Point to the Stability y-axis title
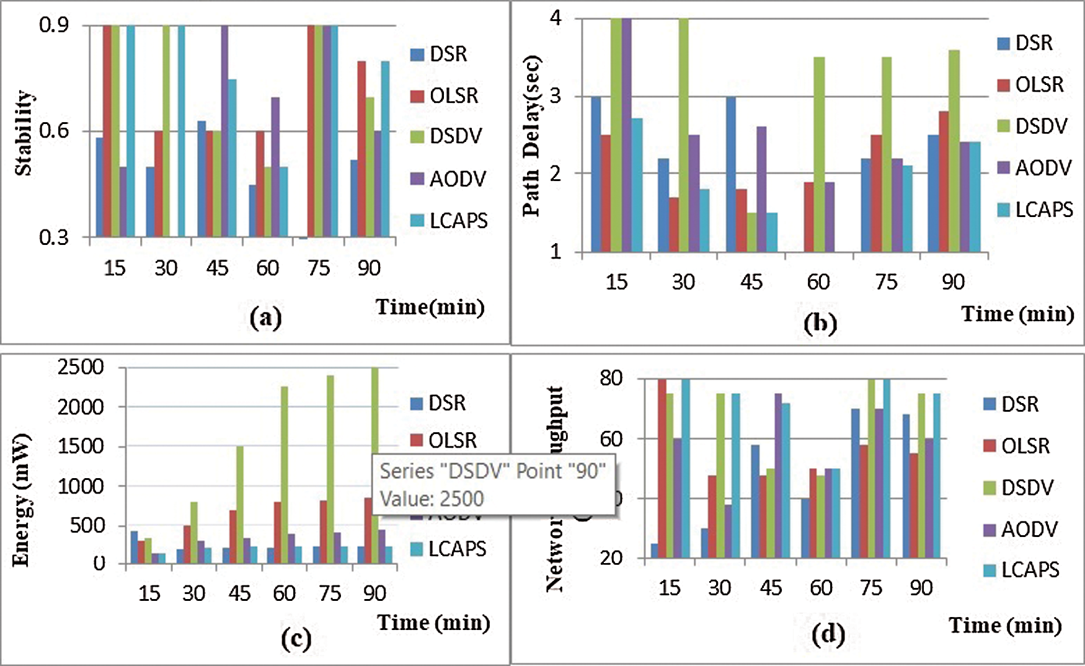[x=24, y=133]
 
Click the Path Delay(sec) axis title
[x=531, y=136]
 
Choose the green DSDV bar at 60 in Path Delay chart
[x=818, y=154]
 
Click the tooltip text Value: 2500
[x=432, y=499]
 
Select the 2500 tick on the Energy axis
[x=81, y=367]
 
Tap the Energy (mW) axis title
[x=21, y=500]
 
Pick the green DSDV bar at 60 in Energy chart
[x=285, y=474]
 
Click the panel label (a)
[x=265, y=317]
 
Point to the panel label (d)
[x=828, y=634]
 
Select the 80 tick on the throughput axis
[x=611, y=378]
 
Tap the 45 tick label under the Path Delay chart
[x=751, y=282]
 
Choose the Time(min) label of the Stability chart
[x=430, y=307]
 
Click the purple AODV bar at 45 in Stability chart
[x=224, y=131]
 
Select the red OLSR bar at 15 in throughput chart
[x=662, y=468]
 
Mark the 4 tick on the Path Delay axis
[x=556, y=18]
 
